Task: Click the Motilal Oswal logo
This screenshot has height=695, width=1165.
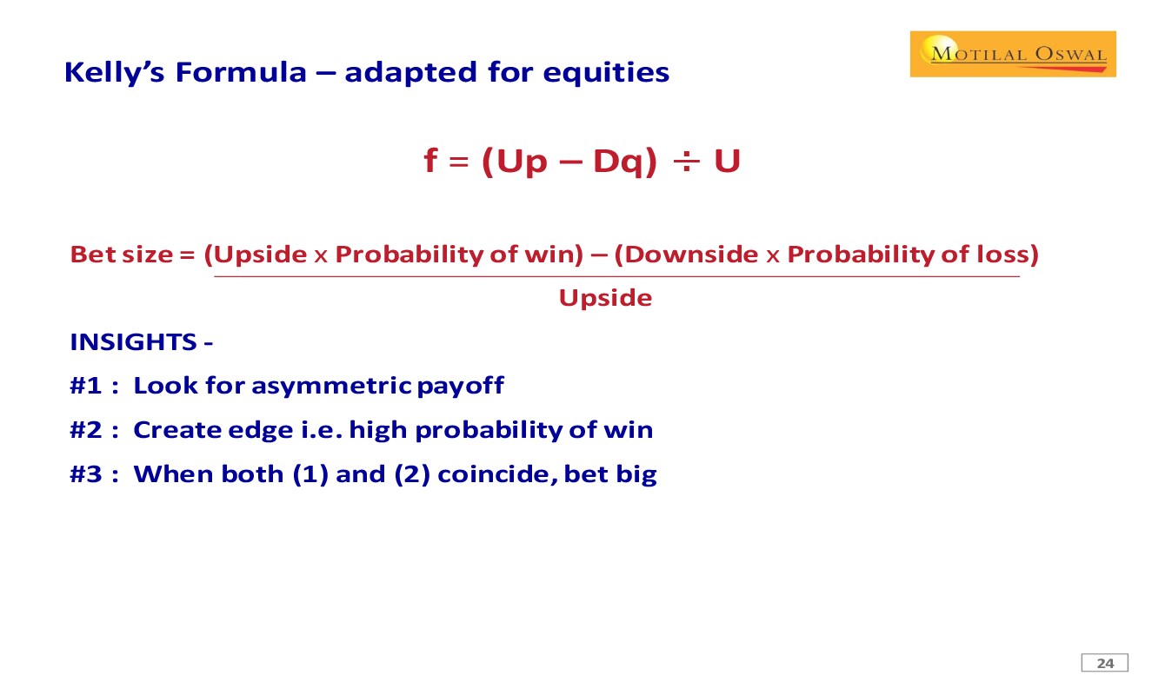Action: pos(1013,54)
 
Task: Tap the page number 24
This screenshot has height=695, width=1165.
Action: pos(1105,664)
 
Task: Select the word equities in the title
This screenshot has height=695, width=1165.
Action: pos(606,73)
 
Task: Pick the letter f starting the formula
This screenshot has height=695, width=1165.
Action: pos(430,160)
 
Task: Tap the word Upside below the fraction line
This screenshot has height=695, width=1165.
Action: pos(605,298)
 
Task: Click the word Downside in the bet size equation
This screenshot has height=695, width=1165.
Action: pos(691,255)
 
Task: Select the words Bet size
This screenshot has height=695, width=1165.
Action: pos(121,255)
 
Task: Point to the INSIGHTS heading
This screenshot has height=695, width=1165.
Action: pos(133,342)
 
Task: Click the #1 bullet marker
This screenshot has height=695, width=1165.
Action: pos(86,386)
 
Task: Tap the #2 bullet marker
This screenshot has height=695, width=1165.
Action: pos(86,430)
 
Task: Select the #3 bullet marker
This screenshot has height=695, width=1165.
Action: pos(86,474)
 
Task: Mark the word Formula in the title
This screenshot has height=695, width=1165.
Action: pos(241,72)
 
